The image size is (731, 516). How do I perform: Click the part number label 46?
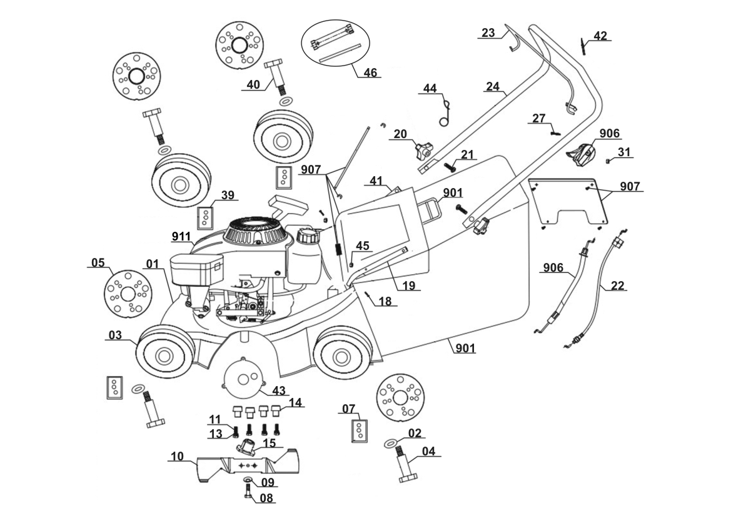[370, 72]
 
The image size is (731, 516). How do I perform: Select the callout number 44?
[430, 89]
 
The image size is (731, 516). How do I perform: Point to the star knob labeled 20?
[422, 150]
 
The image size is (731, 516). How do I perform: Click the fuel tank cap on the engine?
[308, 237]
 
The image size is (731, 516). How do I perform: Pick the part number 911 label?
[181, 237]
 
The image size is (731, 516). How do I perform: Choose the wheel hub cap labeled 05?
[128, 293]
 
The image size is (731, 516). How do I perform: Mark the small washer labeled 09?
[247, 479]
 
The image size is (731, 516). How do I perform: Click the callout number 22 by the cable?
[617, 286]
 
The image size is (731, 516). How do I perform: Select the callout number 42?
[600, 36]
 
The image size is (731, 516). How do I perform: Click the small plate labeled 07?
[360, 430]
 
